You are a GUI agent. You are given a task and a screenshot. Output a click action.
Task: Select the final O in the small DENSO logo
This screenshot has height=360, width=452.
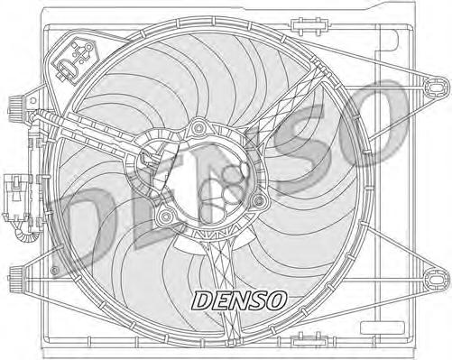pos(281,298)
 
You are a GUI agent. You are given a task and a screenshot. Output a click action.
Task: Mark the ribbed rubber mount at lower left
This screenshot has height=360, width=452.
pos(17,273)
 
